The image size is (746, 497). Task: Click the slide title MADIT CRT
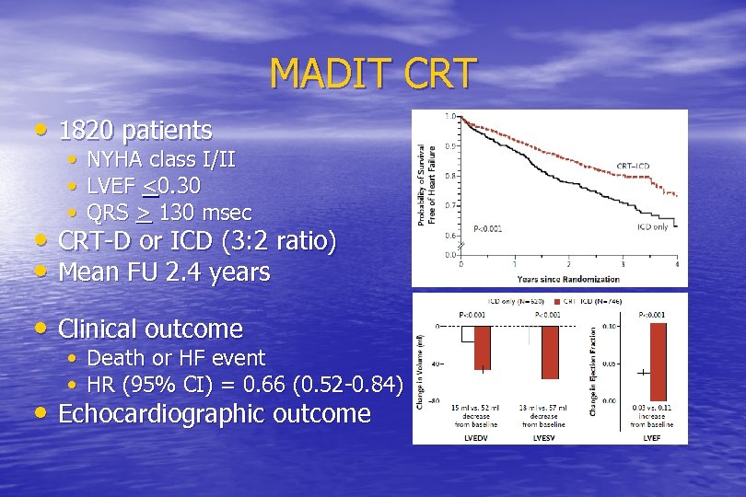click(x=373, y=73)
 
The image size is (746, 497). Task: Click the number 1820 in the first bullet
click(x=88, y=130)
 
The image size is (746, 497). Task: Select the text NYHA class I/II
click(x=160, y=160)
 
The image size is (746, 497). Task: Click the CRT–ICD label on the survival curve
click(x=633, y=167)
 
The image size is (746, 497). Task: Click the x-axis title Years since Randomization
click(x=568, y=278)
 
